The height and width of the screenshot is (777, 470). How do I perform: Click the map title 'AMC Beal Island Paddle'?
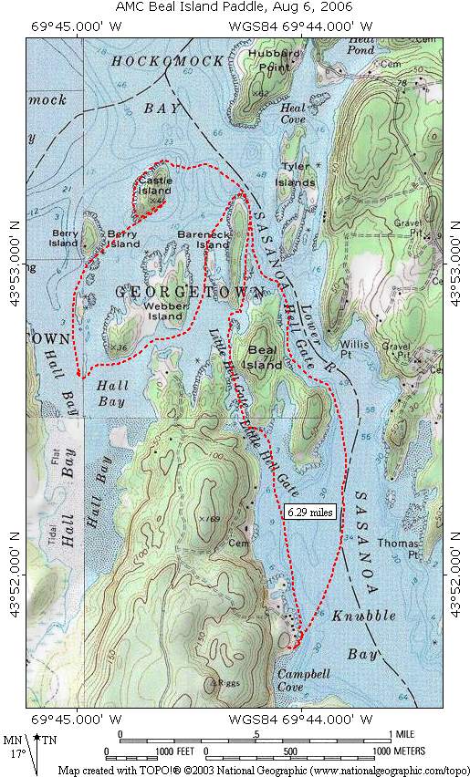click(x=235, y=6)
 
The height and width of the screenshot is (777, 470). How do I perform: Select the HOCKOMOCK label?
click(x=161, y=62)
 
